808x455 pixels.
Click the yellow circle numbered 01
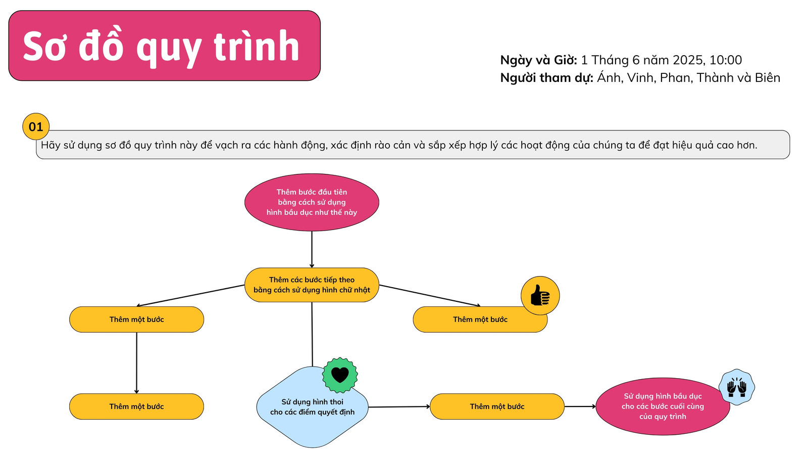(36, 126)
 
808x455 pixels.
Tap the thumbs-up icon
(540, 295)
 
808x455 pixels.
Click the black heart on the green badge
(340, 375)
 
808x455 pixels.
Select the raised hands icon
(736, 387)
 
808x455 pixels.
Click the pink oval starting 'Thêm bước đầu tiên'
(312, 202)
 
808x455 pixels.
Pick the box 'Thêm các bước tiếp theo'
(312, 285)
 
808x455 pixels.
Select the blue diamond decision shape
(312, 407)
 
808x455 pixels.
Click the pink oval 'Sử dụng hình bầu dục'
(663, 406)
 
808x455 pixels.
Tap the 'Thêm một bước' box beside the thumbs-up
(480, 320)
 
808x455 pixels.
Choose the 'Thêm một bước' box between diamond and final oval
(497, 406)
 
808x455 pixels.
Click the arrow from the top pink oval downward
(312, 250)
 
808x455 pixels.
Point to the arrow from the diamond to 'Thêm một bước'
(399, 407)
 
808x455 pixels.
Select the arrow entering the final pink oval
(580, 406)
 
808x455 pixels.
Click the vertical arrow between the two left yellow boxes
(136, 363)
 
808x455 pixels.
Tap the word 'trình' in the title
(257, 46)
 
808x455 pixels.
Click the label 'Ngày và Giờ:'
(538, 60)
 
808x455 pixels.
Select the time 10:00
(725, 60)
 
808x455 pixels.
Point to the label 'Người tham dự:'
(546, 78)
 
